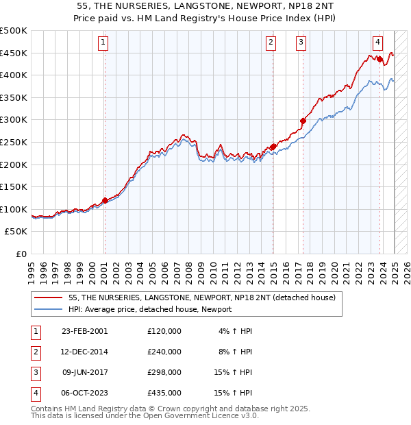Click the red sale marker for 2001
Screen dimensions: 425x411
pos(105,200)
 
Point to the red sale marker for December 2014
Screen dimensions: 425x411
pos(273,147)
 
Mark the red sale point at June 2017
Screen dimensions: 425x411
pos(303,121)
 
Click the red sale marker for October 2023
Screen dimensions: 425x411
pos(379,60)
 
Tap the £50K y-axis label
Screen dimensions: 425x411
pos(16,232)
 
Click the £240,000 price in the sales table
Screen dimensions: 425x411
pos(164,352)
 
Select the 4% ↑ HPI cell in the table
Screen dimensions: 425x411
pos(235,331)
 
